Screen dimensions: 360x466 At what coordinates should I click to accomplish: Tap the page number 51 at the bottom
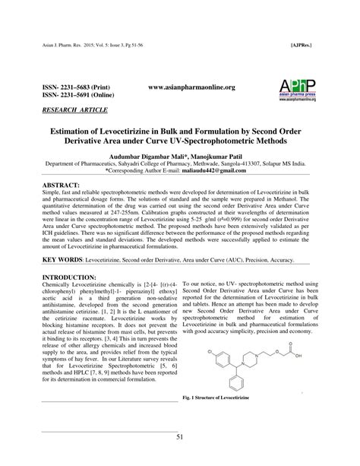(180, 436)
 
